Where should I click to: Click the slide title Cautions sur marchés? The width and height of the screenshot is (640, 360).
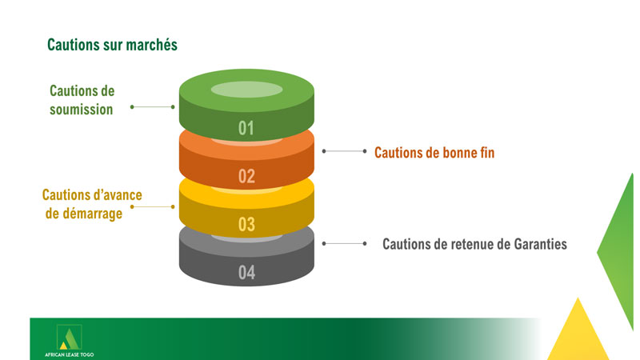pos(112,45)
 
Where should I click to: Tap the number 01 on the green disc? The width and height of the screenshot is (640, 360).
pos(246,128)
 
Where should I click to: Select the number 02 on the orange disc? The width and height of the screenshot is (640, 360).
pos(246,176)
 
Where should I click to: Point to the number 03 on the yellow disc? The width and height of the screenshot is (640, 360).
pos(246,225)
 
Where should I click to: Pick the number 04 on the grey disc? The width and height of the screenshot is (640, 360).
pos(246,272)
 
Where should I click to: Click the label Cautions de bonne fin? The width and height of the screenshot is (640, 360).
pos(434,153)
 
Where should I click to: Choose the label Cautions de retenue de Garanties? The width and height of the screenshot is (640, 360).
pos(474,244)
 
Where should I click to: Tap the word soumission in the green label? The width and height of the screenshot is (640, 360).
pos(82,110)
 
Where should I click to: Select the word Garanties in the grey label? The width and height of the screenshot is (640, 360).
pos(541,244)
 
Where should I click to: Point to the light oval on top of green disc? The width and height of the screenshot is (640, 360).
pos(246,90)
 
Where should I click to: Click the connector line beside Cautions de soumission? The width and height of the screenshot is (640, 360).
pos(152,107)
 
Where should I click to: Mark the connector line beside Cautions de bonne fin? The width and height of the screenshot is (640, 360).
pos(345,151)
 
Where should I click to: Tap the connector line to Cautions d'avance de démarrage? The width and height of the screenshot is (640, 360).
pos(152,207)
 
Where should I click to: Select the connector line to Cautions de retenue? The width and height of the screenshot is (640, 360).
pos(345,244)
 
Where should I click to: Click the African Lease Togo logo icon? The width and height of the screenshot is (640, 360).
pos(70,337)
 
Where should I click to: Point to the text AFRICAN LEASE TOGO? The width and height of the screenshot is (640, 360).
pos(70,354)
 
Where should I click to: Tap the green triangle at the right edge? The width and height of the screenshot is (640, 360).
pos(615,251)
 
